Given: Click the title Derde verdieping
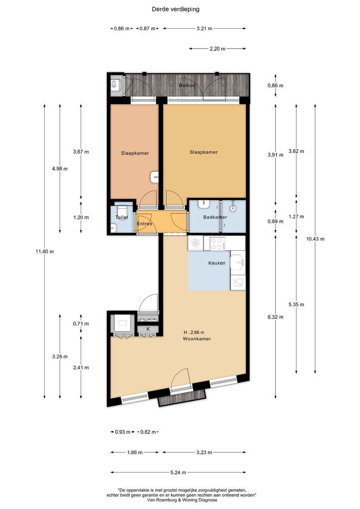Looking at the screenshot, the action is pos(175,9).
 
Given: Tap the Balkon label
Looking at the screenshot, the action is pos(187,85).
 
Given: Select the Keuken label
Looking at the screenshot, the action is pos(217,263).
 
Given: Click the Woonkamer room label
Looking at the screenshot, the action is pos(196,338).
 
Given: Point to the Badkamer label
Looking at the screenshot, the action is pos(215,217).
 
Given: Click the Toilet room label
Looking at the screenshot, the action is pos(122,217).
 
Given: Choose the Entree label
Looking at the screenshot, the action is pos(145,224).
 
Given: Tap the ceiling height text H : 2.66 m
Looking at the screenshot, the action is pos(194,332).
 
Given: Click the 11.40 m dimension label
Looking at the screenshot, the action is pos(45,251).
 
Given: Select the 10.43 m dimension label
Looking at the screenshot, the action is pos(315,239).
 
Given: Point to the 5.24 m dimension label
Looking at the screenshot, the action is pos(178,472).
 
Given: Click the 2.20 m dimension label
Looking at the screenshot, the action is pos(218,49).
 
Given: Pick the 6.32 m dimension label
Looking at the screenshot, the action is pos(275,317).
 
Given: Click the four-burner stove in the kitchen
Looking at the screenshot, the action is pos(217,244).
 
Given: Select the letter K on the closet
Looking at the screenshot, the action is pos(148,329).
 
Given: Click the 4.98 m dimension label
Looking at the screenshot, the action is pos(60,168).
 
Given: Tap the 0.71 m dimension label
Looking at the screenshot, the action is pos(81,323).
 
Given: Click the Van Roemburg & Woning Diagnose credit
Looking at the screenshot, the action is pos(182,500).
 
